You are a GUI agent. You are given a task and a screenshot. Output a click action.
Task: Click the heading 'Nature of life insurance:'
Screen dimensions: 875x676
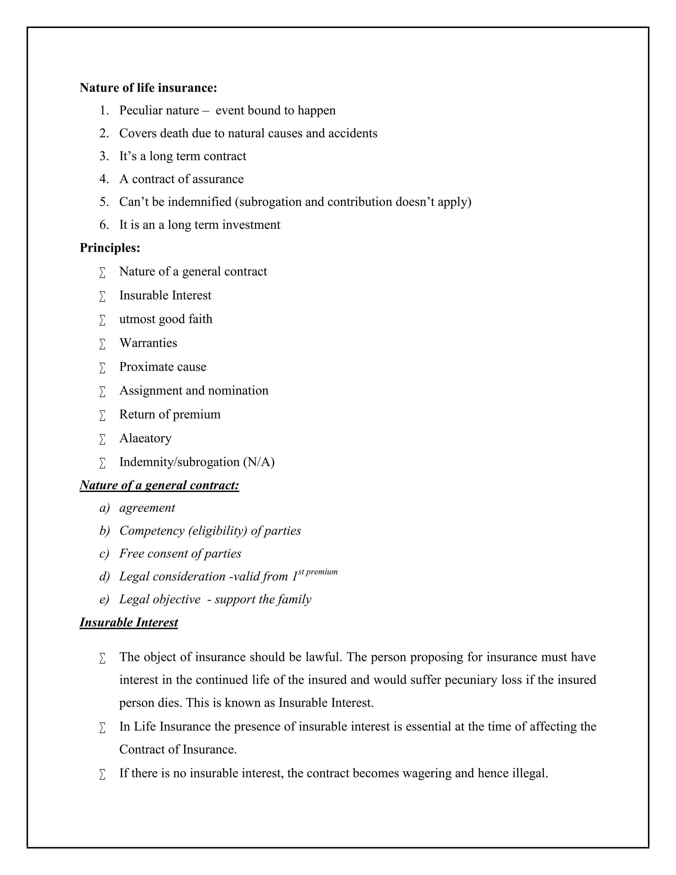(148, 87)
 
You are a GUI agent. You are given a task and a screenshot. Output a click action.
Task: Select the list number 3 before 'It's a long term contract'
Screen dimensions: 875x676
(104, 156)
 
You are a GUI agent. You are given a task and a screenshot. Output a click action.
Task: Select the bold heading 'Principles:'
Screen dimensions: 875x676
(110, 248)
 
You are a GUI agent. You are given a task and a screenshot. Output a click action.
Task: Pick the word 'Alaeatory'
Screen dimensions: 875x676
(145, 438)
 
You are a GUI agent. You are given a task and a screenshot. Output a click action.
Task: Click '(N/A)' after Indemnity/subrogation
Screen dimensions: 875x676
(259, 462)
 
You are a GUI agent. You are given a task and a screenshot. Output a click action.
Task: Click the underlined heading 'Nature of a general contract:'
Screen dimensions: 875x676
(159, 485)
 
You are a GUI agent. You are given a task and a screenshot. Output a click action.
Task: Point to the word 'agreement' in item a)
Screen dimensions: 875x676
(147, 508)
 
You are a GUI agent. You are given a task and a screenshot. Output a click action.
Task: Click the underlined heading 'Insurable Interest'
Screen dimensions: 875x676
(128, 622)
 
